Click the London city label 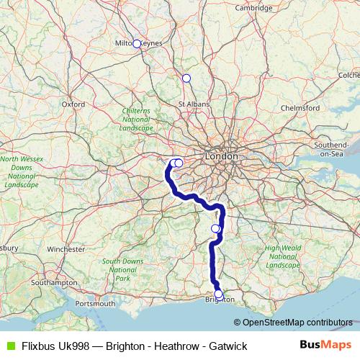[221, 156]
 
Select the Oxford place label [73, 104]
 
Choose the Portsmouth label [95, 303]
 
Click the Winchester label [66, 249]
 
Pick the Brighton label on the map [220, 300]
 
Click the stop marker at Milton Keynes [137, 44]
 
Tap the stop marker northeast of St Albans [186, 78]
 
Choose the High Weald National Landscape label [282, 256]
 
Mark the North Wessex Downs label [22, 171]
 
